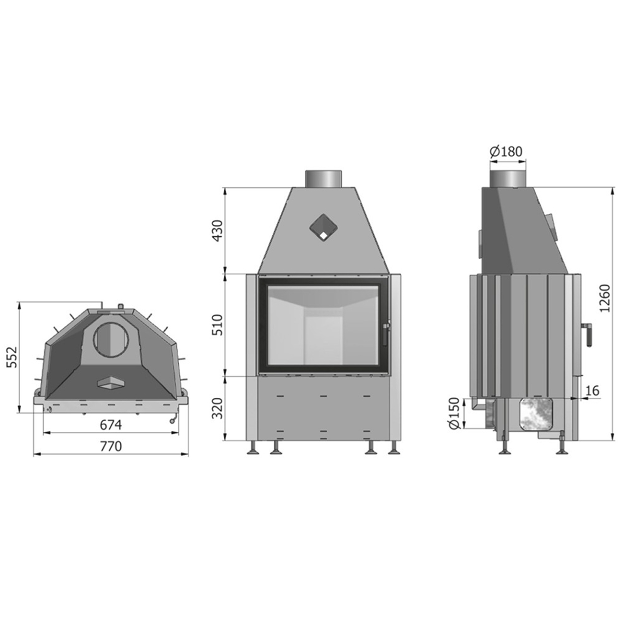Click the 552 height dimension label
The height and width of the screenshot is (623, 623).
tap(12, 357)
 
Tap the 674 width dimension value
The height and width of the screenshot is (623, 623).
tap(111, 425)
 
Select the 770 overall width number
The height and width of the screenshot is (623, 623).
tap(111, 447)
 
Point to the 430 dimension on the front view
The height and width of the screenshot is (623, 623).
tap(218, 231)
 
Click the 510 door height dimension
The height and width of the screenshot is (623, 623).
tap(218, 325)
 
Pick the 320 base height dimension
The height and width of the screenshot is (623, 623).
tap(218, 408)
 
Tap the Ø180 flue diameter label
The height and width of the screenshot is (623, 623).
tap(506, 151)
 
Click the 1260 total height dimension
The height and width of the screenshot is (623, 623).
tap(604, 298)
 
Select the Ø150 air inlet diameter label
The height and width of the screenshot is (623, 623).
tap(454, 413)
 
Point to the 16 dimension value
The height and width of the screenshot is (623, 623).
tap(592, 391)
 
